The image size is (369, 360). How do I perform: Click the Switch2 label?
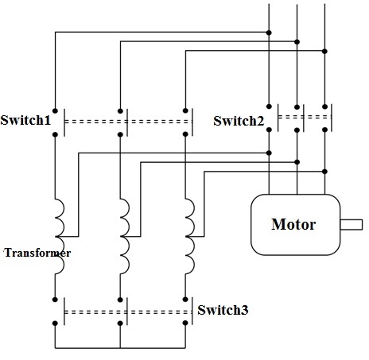pyautogui.click(x=239, y=121)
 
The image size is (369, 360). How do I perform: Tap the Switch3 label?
pyautogui.click(x=223, y=309)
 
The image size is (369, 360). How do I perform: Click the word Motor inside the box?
pyautogui.click(x=293, y=224)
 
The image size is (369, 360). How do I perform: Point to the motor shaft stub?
pyautogui.click(x=351, y=224)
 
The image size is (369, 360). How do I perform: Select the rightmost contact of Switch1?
pyautogui.click(x=186, y=121)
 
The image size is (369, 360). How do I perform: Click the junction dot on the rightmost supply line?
pyautogui.click(x=324, y=51)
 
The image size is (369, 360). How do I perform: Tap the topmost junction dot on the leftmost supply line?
pyautogui.click(x=270, y=33)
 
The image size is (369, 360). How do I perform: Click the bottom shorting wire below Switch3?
pyautogui.click(x=120, y=347)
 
